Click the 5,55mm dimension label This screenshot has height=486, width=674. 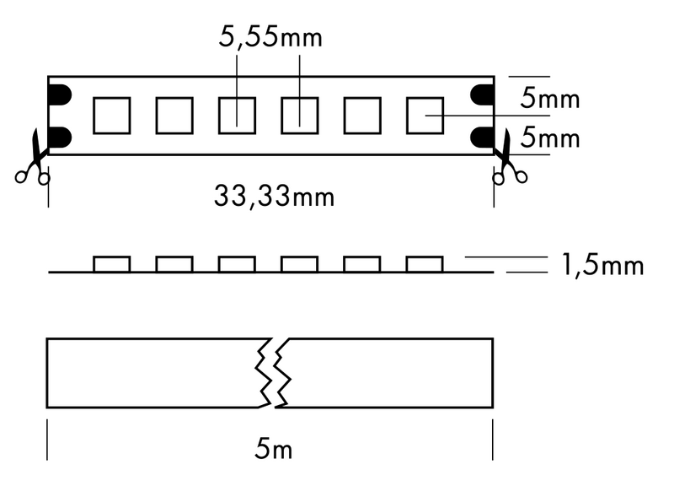click(270, 37)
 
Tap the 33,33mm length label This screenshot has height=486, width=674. click(275, 197)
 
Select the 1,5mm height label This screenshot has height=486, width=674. click(602, 265)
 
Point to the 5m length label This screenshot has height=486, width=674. click(273, 449)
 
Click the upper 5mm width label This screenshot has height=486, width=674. click(550, 98)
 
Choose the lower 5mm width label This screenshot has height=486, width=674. click(550, 138)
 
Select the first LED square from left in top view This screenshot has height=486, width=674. click(112, 116)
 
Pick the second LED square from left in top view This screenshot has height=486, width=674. click(174, 116)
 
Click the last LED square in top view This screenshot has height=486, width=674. click(425, 116)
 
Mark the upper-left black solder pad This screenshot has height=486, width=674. click(60, 95)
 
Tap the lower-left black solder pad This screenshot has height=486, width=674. click(60, 137)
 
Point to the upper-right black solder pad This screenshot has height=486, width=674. click(482, 95)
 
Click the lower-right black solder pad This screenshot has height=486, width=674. click(482, 137)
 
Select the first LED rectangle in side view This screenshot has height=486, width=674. click(112, 264)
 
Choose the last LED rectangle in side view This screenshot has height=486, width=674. click(425, 264)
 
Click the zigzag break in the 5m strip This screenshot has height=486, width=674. click(273, 373)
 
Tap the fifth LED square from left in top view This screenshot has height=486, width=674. click(362, 116)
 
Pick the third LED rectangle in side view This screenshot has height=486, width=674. click(237, 264)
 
